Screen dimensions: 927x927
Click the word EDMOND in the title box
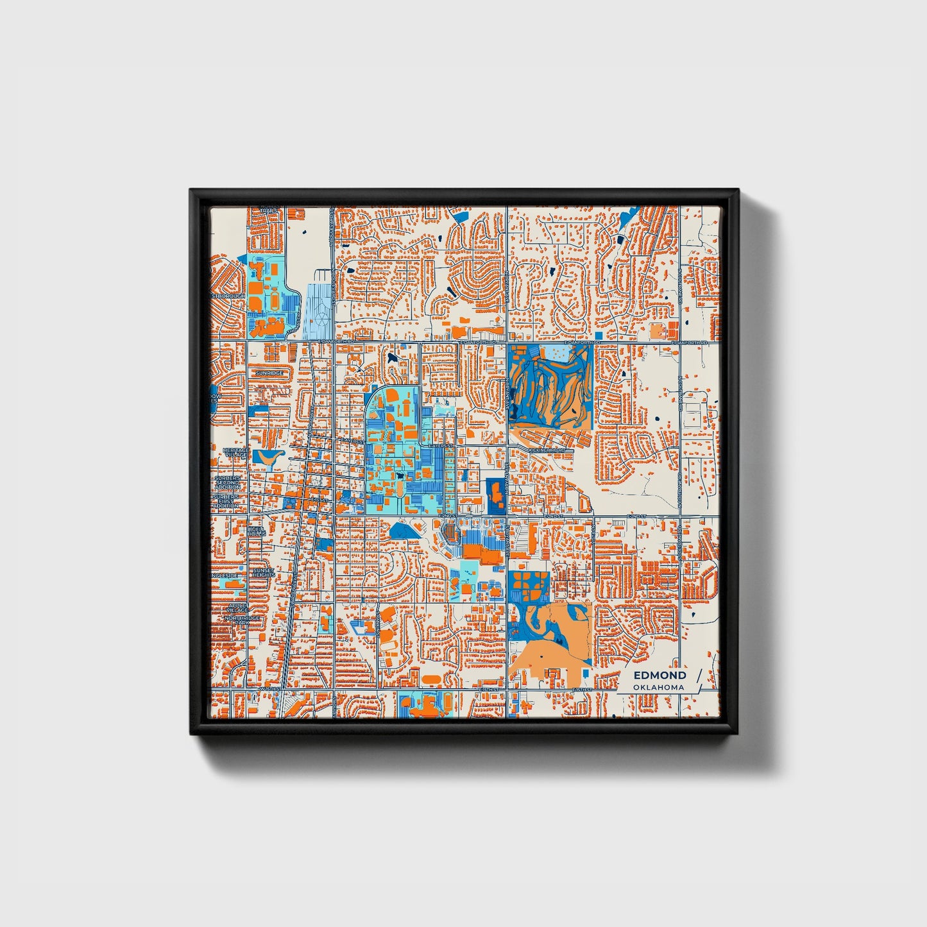tap(659, 676)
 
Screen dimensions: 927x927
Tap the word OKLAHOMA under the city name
tap(658, 687)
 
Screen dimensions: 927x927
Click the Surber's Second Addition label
tap(228, 482)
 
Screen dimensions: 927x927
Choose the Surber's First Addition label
tap(226, 501)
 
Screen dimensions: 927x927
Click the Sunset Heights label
tap(264, 573)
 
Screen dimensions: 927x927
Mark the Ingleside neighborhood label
tap(225, 576)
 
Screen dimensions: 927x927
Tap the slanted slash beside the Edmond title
tap(698, 680)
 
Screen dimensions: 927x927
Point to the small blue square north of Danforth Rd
tap(599, 336)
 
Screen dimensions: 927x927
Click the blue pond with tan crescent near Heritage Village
tap(269, 457)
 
